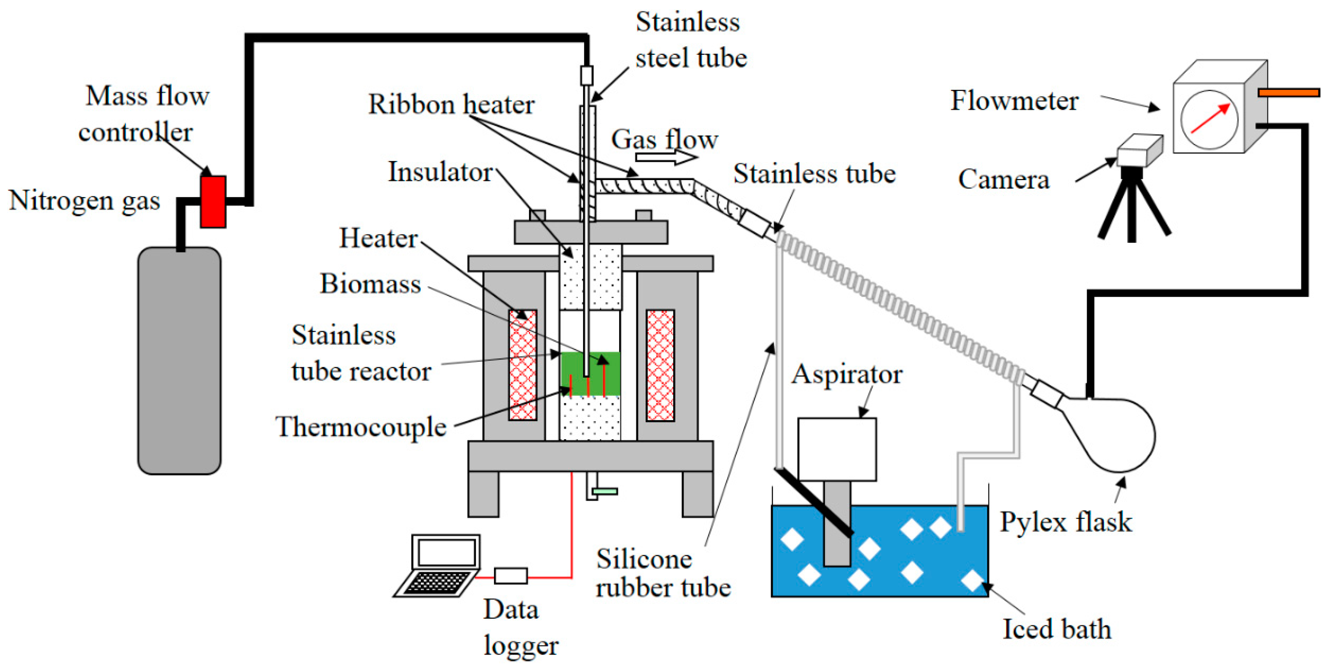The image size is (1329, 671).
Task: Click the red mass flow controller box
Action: pyautogui.click(x=213, y=202)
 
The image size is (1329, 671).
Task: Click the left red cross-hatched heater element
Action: pyautogui.click(x=523, y=365)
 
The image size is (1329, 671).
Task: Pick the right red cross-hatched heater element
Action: pyautogui.click(x=660, y=365)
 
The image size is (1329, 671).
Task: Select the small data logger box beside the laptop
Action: pyautogui.click(x=510, y=576)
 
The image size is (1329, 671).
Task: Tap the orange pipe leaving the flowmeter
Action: pyautogui.click(x=1288, y=93)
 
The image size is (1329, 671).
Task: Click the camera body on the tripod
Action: pyautogui.click(x=1139, y=151)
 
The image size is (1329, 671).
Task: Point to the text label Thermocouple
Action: pyautogui.click(x=361, y=427)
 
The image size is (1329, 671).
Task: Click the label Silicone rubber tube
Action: pyautogui.click(x=663, y=573)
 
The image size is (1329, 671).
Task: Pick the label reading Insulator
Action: pyautogui.click(x=440, y=172)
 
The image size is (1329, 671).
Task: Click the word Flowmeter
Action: pyautogui.click(x=1014, y=101)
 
